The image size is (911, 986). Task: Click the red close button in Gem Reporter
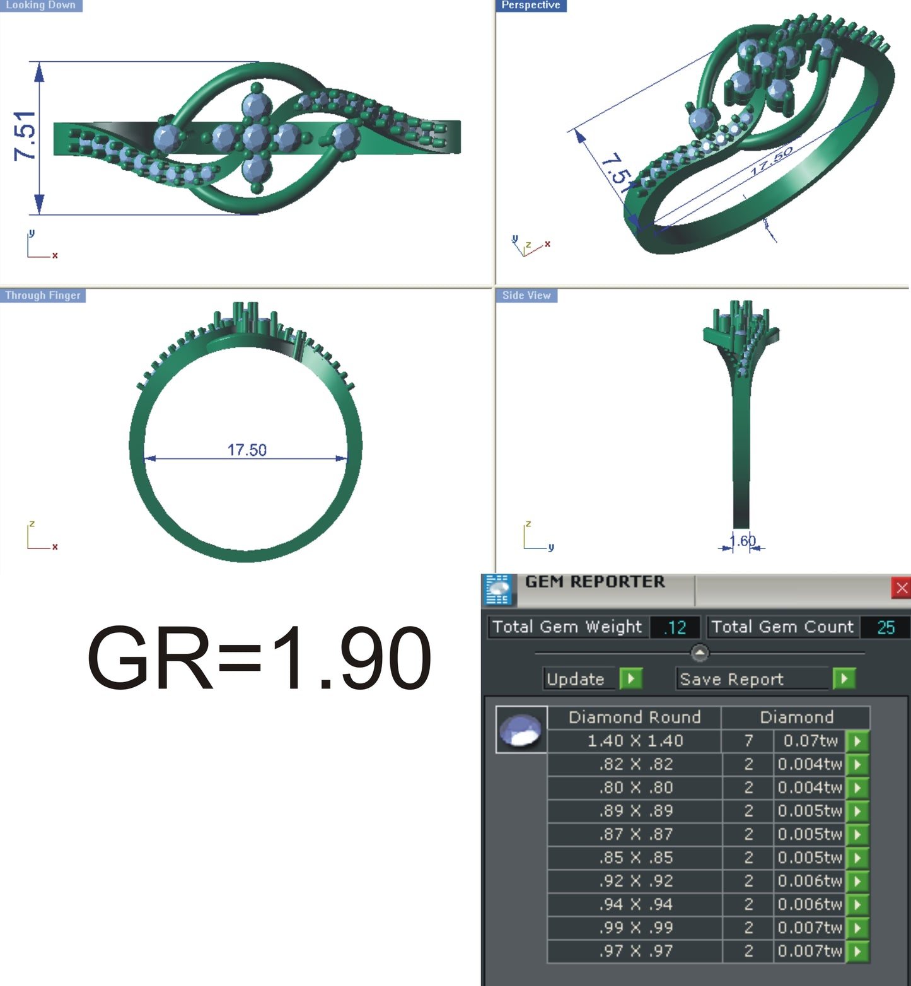[x=902, y=588]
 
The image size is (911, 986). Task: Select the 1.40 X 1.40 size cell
[x=635, y=741]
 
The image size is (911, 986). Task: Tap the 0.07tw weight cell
[x=810, y=741]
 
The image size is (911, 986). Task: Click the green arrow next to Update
[x=630, y=678]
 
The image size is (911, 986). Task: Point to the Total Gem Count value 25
[x=885, y=627]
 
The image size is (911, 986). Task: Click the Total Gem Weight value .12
[x=675, y=627]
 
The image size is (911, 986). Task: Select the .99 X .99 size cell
[x=635, y=927]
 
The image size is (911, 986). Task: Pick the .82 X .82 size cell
[x=635, y=764]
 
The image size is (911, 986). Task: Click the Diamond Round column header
[x=634, y=717]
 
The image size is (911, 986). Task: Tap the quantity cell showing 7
[x=748, y=741]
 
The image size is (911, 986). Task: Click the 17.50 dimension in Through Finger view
[x=247, y=450]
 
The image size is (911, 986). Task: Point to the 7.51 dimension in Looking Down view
[x=25, y=136]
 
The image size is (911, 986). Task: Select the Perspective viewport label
[x=531, y=5]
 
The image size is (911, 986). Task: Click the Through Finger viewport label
[x=43, y=295]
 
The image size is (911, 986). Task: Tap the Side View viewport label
[x=526, y=295]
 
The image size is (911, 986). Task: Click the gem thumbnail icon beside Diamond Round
[x=521, y=730]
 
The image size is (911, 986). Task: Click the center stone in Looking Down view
[x=256, y=137]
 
